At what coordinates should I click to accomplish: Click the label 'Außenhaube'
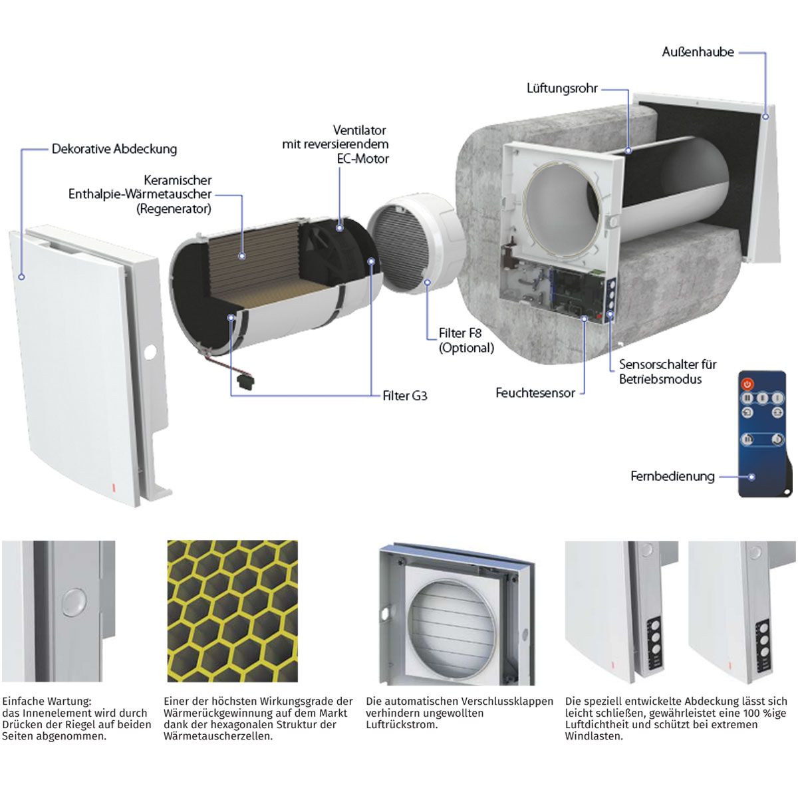(x=698, y=52)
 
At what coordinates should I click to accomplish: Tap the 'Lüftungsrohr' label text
(x=562, y=88)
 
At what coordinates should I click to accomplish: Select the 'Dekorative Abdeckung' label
(x=114, y=149)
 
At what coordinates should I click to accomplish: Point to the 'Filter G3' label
(x=404, y=396)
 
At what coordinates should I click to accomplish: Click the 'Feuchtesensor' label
(x=535, y=392)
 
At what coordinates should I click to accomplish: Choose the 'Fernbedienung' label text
(x=672, y=476)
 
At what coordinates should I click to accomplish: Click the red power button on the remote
(x=747, y=384)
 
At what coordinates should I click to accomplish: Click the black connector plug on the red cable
(x=243, y=378)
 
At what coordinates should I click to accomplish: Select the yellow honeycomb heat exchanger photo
(x=232, y=611)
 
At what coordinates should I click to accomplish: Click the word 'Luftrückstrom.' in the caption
(x=402, y=725)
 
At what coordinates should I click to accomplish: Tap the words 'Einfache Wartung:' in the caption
(x=47, y=702)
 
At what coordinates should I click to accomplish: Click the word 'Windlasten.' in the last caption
(x=594, y=736)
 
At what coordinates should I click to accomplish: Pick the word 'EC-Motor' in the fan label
(x=363, y=159)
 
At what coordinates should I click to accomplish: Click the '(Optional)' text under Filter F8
(x=466, y=348)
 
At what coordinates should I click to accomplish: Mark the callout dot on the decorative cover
(x=21, y=277)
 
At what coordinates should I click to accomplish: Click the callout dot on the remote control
(x=752, y=477)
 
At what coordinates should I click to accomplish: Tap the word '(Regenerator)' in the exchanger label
(x=174, y=209)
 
